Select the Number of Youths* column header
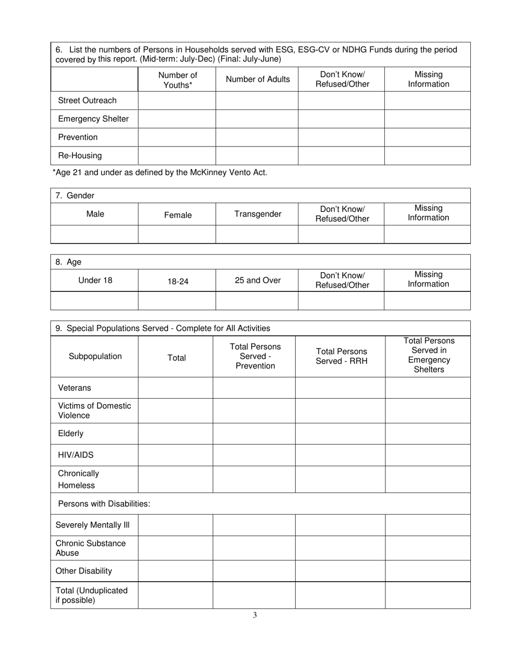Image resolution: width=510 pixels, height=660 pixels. click(x=177, y=79)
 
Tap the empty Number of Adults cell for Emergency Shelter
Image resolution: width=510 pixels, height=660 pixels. click(x=257, y=119)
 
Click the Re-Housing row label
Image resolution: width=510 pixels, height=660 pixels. click(x=80, y=156)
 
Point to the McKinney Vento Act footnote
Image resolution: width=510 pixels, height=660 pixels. click(x=159, y=173)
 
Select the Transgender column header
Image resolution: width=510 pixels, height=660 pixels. click(x=258, y=214)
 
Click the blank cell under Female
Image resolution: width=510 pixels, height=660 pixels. click(x=177, y=234)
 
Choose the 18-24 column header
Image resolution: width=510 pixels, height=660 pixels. click(x=178, y=281)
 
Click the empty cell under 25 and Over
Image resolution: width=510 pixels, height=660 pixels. click(x=257, y=300)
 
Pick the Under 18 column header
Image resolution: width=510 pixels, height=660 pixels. click(x=95, y=280)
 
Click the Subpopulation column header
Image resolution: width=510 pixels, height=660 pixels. click(x=95, y=356)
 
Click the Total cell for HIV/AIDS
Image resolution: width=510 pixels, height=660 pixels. click(x=176, y=455)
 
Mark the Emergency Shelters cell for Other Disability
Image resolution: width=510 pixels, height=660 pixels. click(x=428, y=571)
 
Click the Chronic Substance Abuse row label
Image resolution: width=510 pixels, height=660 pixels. click(x=91, y=548)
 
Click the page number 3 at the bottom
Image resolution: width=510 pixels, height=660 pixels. click(x=255, y=616)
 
